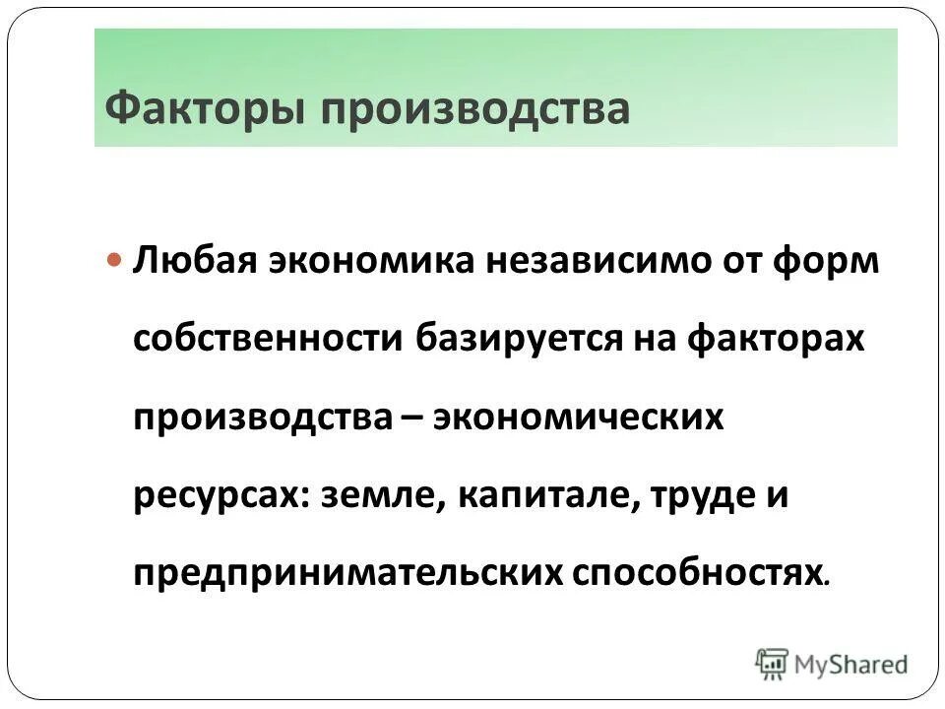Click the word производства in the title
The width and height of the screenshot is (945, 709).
click(474, 107)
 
